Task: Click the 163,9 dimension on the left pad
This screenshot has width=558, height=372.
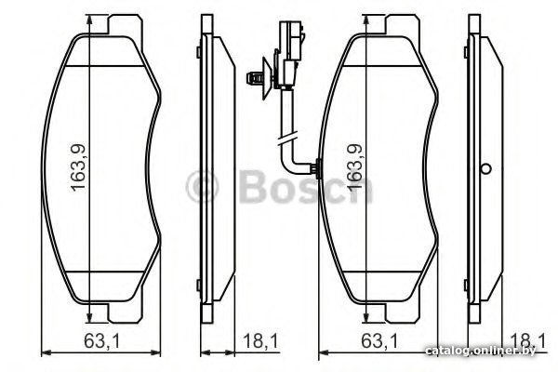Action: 78,167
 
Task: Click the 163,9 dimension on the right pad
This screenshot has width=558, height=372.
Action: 355,167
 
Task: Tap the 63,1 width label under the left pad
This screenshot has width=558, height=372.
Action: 102,341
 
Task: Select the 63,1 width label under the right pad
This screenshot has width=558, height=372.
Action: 379,341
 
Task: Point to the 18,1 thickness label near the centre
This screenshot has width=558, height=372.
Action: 260,341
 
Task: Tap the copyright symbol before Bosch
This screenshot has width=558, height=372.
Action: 202,187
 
